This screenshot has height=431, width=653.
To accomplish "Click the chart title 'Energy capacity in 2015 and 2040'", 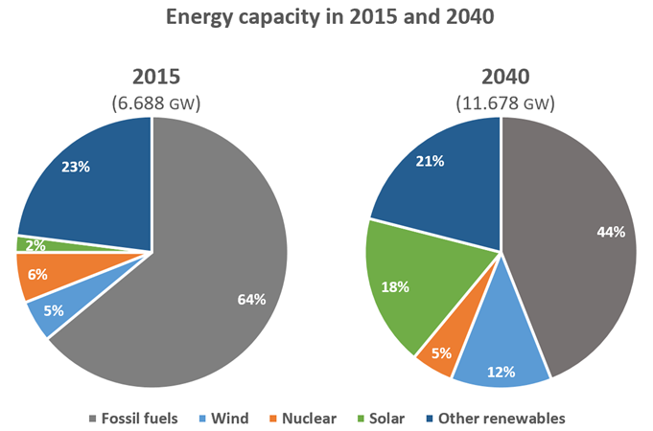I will click(326, 17).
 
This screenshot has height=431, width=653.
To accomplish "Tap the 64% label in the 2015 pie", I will click(250, 299).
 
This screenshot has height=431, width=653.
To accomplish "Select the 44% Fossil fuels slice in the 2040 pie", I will click(575, 239).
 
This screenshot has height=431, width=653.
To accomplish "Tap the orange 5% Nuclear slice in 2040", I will click(440, 352).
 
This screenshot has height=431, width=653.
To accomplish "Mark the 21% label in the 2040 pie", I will click(431, 161).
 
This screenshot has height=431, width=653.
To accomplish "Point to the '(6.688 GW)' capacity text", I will click(151, 102).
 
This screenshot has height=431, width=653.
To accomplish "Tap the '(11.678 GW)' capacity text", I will click(499, 102).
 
